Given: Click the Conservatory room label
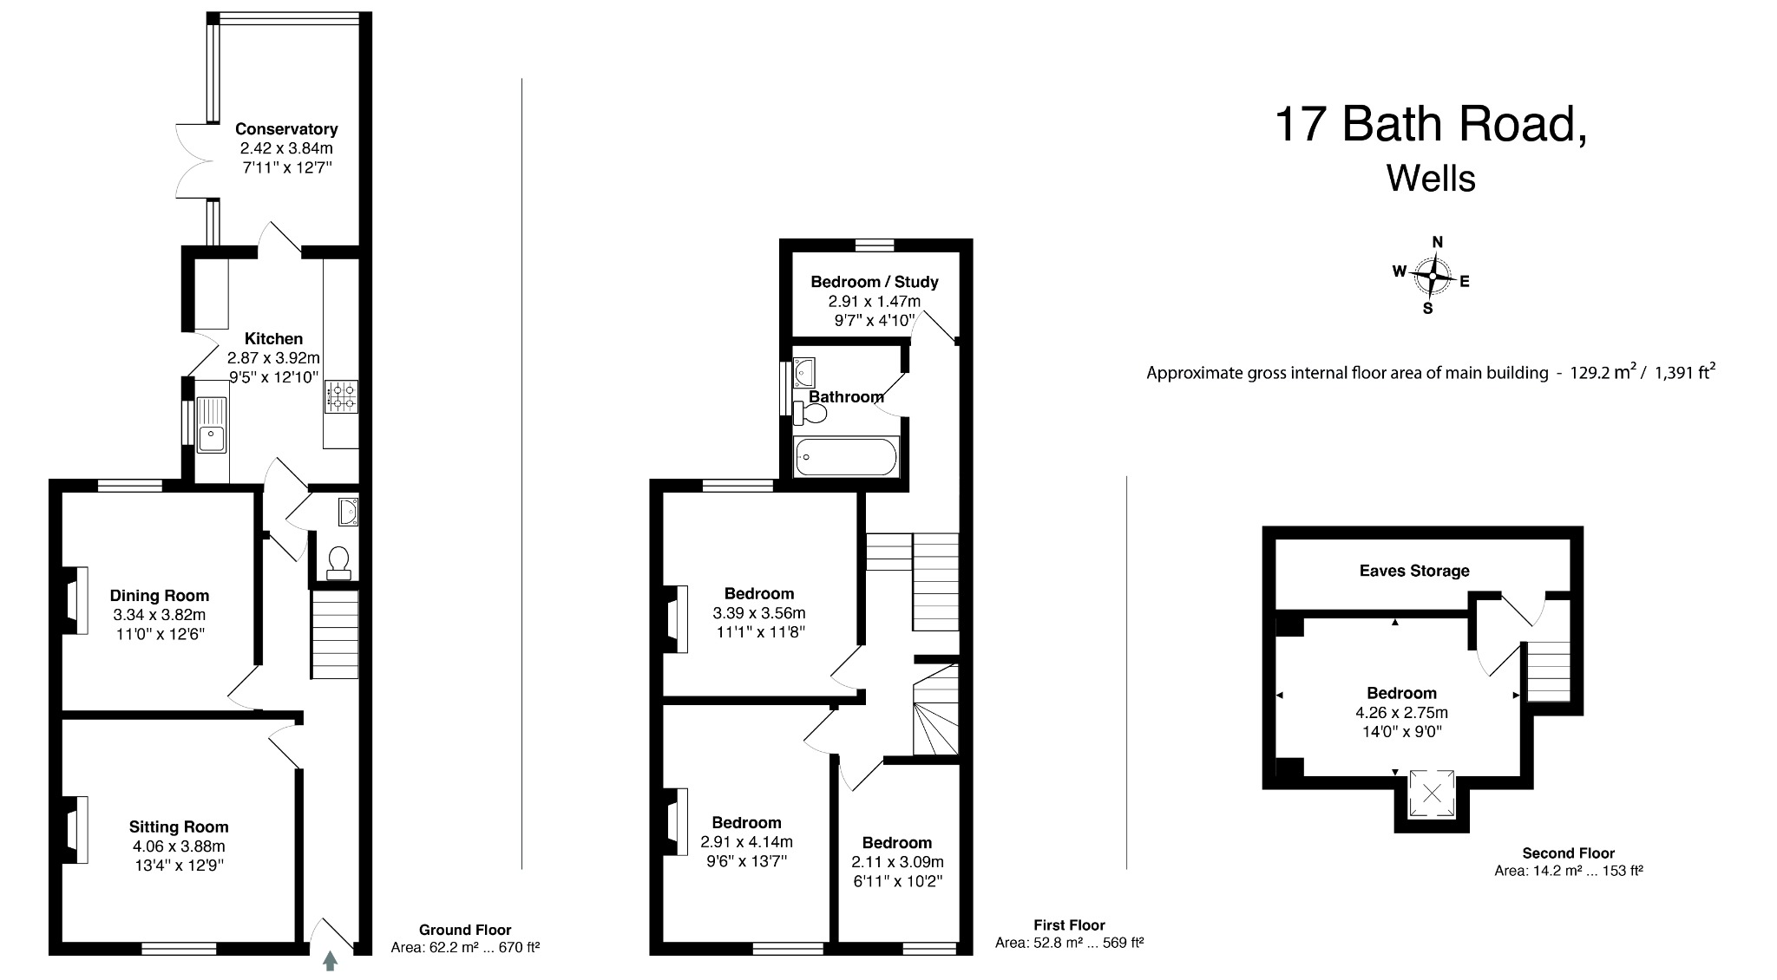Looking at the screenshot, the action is tap(286, 129).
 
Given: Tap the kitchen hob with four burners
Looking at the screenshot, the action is tap(341, 397).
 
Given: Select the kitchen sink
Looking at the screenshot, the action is tap(211, 424).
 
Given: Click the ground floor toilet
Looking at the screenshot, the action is tap(338, 561).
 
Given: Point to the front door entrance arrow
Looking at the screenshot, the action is tap(330, 961).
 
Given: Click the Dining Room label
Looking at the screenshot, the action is tap(160, 596).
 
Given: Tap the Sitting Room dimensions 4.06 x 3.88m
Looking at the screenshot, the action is tap(179, 846).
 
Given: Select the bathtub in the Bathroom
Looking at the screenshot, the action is tap(846, 457).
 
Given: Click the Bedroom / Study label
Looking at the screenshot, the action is tap(875, 282).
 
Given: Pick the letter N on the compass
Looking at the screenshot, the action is tap(1438, 242).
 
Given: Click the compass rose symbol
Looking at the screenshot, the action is tap(1433, 277).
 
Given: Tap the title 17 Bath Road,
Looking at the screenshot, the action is tap(1431, 124).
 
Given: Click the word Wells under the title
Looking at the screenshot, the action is tap(1431, 179).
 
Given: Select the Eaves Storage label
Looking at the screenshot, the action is tap(1414, 571).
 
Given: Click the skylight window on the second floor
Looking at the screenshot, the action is tap(1432, 793).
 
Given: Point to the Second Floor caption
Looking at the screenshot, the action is tap(1569, 853).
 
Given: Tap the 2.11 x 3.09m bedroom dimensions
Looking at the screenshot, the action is tap(897, 862).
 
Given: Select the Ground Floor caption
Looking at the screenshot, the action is tap(465, 930).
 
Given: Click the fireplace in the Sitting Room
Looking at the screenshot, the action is tap(76, 829).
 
